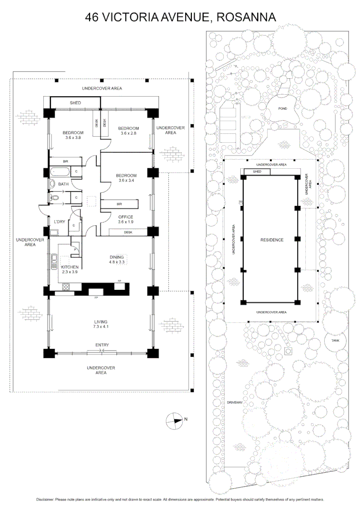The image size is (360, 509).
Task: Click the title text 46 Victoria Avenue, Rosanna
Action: [x=180, y=17]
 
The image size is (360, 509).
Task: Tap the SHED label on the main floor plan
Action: [x=75, y=103]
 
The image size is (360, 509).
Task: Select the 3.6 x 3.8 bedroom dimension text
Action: [x=73, y=138]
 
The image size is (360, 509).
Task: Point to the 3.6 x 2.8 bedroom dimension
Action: [x=128, y=134]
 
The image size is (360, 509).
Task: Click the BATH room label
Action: [x=64, y=185]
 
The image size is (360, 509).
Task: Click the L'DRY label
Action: [x=59, y=222]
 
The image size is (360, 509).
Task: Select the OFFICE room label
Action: [x=125, y=217]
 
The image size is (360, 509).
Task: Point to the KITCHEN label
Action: [x=70, y=267]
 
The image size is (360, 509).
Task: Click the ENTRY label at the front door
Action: [x=102, y=345]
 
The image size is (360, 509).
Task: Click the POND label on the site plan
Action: [x=282, y=108]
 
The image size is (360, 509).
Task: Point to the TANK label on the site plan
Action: [x=335, y=340]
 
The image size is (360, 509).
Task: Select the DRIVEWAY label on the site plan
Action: [x=234, y=403]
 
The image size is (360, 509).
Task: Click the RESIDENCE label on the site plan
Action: [x=272, y=240]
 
